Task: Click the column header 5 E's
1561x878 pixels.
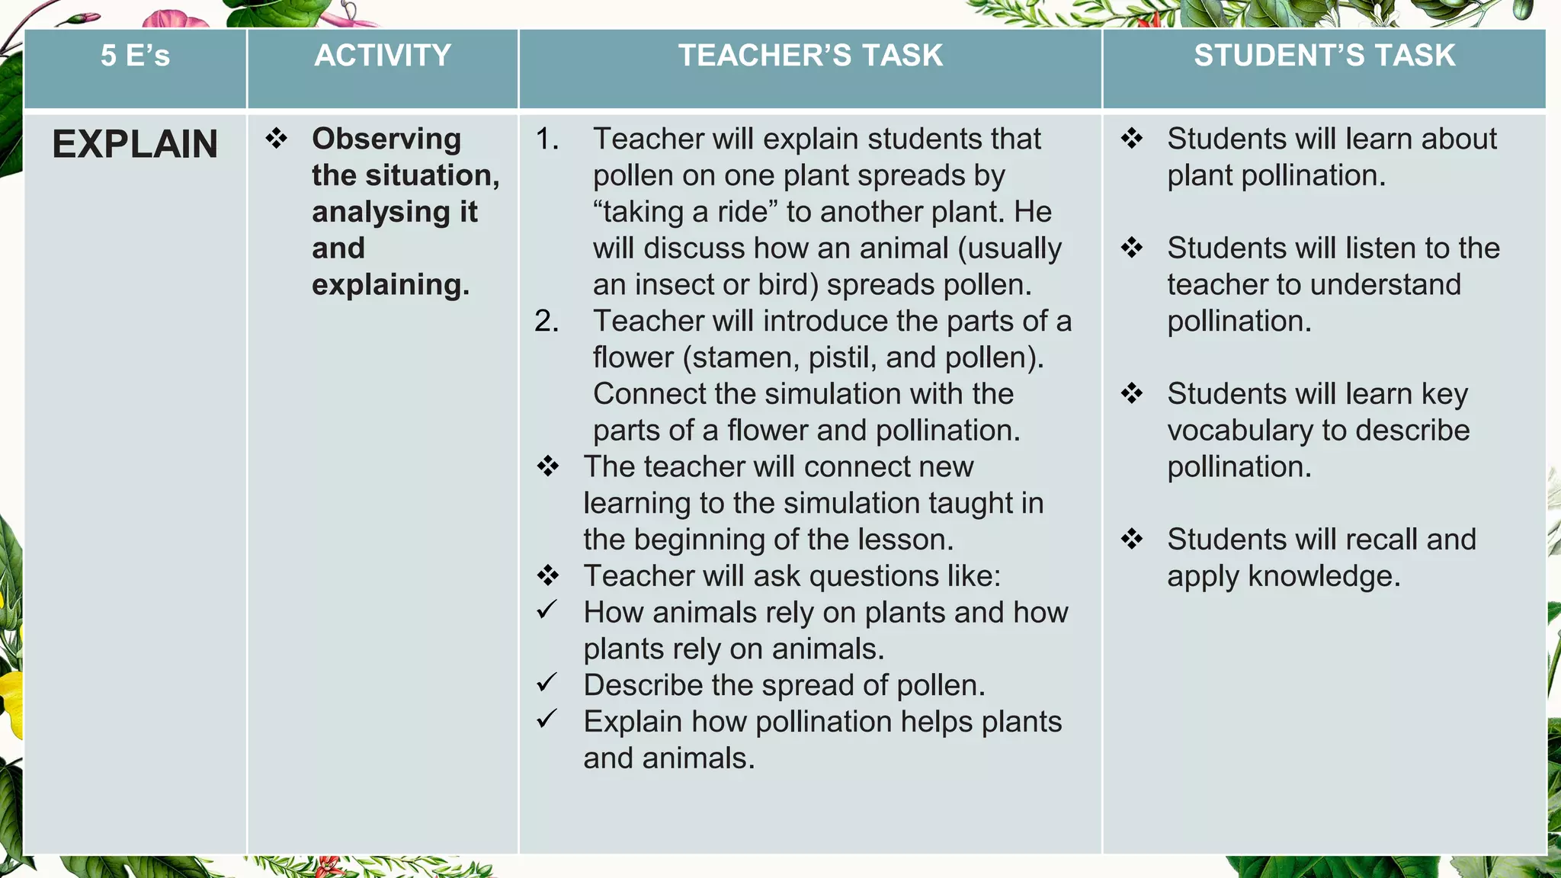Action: coord(135,56)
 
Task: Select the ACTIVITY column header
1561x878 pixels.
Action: coord(383,56)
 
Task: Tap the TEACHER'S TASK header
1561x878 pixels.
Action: coord(810,56)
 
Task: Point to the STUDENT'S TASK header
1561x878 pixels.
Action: coord(1324,56)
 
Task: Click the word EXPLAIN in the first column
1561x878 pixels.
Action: coord(135,144)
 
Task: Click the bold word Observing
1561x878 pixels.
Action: coord(386,139)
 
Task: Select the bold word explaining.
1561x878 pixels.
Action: coord(390,285)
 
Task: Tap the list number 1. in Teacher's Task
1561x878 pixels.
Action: coord(547,139)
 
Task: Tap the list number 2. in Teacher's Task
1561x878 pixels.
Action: coord(547,321)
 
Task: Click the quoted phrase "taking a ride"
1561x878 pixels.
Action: coord(685,212)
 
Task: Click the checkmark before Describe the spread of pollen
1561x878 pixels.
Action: coord(547,683)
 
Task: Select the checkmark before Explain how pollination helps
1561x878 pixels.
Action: coord(547,719)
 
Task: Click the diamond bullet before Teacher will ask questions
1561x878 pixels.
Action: coord(547,575)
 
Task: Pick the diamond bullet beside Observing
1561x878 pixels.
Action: coord(276,138)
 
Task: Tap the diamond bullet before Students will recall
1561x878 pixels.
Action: coord(1132,539)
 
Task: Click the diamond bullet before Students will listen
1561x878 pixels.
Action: coord(1132,248)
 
